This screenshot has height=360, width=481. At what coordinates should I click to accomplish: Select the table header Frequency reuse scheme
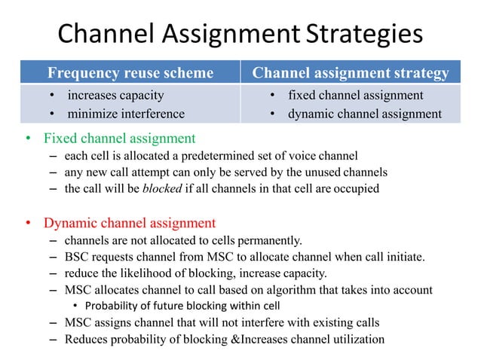[x=130, y=73]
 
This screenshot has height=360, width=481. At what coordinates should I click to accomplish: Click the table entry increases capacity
[x=115, y=96]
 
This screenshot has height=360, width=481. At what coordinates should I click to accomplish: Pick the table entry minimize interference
[x=126, y=114]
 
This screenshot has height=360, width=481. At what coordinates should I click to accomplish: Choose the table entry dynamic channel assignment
[x=365, y=114]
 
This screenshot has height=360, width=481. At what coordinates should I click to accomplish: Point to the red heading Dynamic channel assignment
[x=130, y=224]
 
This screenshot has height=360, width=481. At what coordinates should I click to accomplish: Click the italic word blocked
[x=163, y=188]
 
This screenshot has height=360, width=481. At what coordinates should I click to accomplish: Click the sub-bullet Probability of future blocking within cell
[x=182, y=306]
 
